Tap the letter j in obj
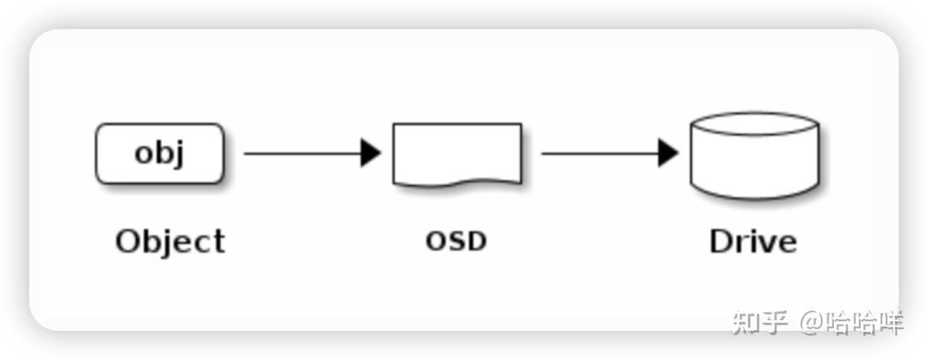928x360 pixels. tap(178, 154)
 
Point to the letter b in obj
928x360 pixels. tap(161, 152)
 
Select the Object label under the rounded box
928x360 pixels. tap(170, 242)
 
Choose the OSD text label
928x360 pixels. tap(457, 241)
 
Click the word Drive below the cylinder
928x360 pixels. tap(754, 241)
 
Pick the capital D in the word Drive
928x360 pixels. tap(721, 241)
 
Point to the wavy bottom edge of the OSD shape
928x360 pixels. tap(458, 182)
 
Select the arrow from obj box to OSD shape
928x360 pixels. tap(312, 154)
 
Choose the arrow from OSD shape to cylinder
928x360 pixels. tap(609, 154)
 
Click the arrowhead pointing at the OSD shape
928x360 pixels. tap(371, 154)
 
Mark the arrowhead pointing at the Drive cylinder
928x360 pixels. tap(668, 154)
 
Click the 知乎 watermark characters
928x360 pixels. tap(760, 323)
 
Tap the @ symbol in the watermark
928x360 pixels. tap(812, 323)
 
